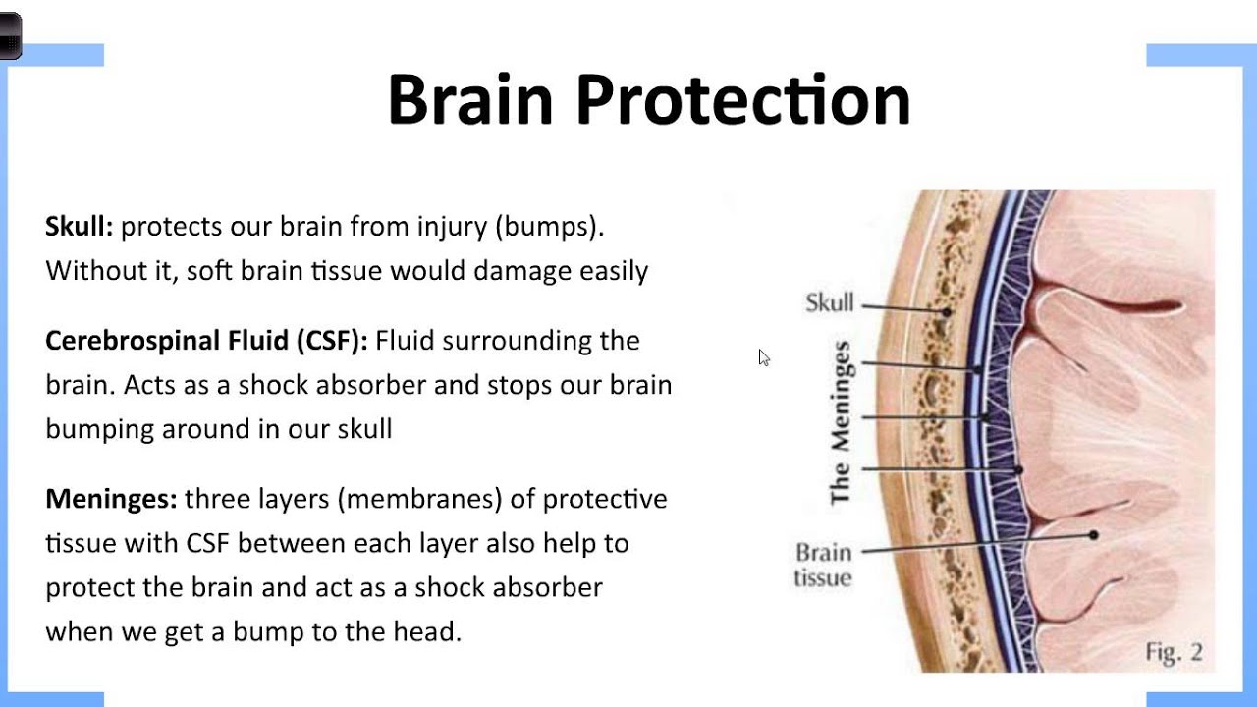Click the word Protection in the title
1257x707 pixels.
(x=742, y=99)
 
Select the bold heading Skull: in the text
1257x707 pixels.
(x=80, y=227)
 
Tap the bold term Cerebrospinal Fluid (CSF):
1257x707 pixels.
(x=206, y=341)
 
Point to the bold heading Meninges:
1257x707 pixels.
(x=111, y=499)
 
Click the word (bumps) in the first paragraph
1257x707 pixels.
(x=549, y=227)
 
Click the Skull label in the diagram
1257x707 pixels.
(x=830, y=302)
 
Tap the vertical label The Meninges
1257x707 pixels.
(x=841, y=422)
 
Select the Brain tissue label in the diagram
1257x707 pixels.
(x=823, y=565)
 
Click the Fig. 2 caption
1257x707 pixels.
(x=1174, y=651)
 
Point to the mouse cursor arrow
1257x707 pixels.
(x=764, y=357)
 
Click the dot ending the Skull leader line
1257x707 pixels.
(x=948, y=312)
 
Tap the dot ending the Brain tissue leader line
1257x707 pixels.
(x=1093, y=535)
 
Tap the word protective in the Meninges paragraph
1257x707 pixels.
(x=605, y=499)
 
